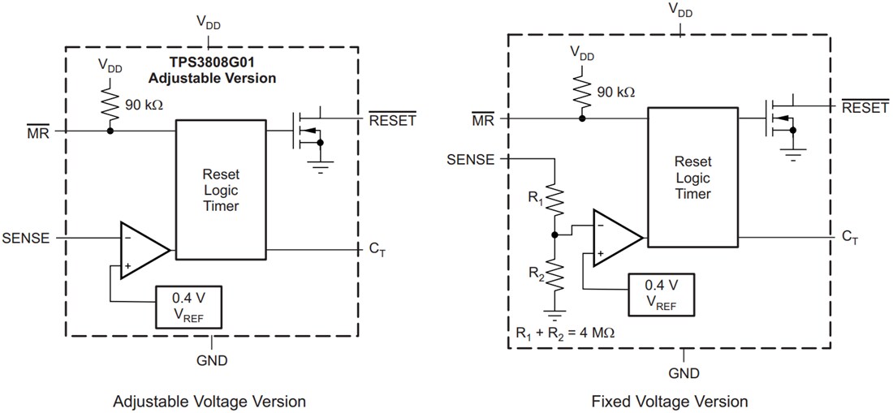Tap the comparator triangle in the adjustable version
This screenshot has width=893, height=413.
pyautogui.click(x=142, y=249)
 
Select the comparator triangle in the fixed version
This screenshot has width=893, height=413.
pyautogui.click(x=615, y=237)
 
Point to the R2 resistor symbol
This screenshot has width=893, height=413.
pyautogui.click(x=554, y=275)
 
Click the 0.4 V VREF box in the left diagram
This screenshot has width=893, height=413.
pyautogui.click(x=189, y=306)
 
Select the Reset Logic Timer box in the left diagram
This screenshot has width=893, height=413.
pyautogui.click(x=221, y=190)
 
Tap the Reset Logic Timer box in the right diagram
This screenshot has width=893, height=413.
pyautogui.click(x=692, y=179)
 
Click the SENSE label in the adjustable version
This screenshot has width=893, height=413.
pyautogui.click(x=25, y=239)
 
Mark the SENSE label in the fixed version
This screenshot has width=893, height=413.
pyautogui.click(x=470, y=159)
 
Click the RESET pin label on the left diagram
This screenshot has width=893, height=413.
pyautogui.click(x=392, y=121)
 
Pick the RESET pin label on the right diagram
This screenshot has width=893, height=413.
pyautogui.click(x=865, y=108)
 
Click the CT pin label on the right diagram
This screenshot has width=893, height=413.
pyautogui.click(x=849, y=237)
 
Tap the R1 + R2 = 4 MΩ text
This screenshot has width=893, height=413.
pyautogui.click(x=565, y=333)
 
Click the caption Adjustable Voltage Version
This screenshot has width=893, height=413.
pyautogui.click(x=209, y=401)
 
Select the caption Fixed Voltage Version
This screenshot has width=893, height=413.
pyautogui.click(x=670, y=401)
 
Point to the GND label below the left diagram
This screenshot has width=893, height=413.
pyautogui.click(x=211, y=360)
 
